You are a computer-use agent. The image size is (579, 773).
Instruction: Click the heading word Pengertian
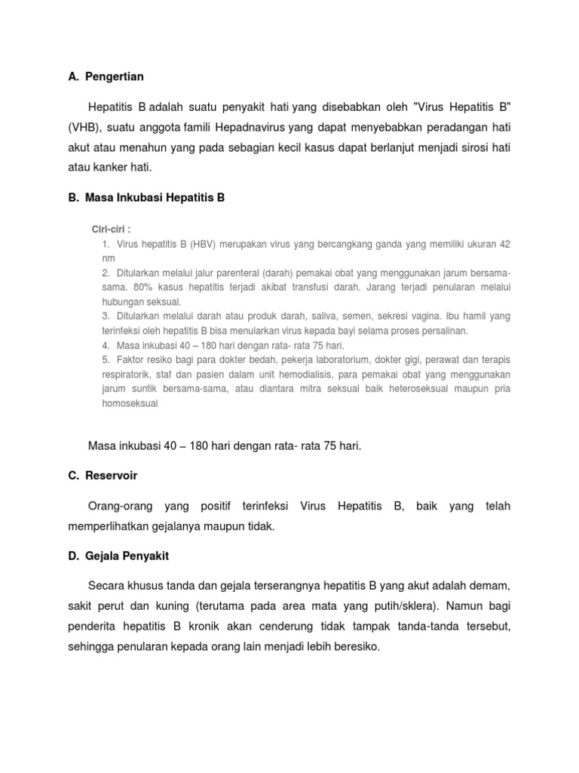tap(115, 76)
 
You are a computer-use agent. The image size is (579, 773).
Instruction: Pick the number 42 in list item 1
tap(505, 245)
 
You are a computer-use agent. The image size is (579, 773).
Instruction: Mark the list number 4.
tap(106, 345)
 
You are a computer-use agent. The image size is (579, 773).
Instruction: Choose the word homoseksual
tap(130, 403)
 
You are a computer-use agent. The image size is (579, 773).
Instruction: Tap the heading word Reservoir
tap(112, 476)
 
